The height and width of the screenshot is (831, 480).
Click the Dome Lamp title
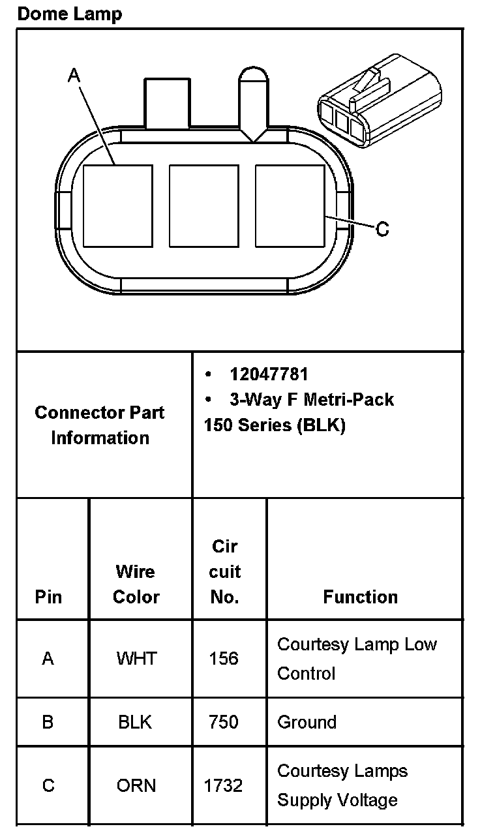(69, 14)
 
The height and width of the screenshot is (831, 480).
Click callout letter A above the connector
(74, 76)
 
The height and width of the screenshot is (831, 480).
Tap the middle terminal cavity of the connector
(203, 206)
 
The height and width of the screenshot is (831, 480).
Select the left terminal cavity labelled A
(118, 206)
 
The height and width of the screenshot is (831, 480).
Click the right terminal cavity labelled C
(290, 206)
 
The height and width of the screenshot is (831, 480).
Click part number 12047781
(268, 374)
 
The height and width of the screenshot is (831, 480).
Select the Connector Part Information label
(100, 425)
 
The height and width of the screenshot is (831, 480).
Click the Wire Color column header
(136, 584)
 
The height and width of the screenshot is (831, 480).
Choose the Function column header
(360, 597)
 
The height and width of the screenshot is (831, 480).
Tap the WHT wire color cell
(136, 659)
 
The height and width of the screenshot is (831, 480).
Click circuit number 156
(224, 659)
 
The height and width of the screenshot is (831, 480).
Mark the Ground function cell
(307, 722)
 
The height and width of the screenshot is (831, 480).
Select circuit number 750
(224, 722)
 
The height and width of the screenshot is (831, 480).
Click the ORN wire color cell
(136, 785)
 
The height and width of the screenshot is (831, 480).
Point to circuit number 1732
(224, 785)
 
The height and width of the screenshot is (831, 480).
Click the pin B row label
(48, 722)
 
